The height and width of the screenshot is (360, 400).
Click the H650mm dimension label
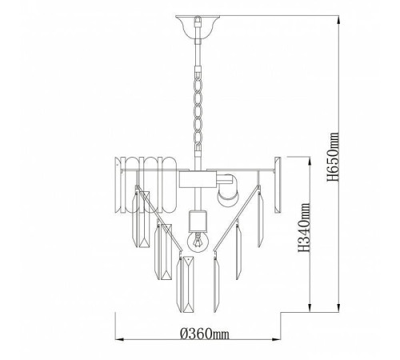tap(334, 157)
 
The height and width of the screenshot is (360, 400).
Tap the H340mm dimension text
tap(304, 227)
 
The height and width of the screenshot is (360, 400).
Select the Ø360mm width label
tap(205, 333)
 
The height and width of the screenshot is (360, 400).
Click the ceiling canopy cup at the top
tap(198, 27)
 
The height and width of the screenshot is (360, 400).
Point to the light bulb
tap(198, 241)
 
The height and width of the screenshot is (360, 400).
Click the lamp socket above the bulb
tap(198, 221)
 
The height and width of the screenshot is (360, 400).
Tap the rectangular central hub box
tap(198, 179)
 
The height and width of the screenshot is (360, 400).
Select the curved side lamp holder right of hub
tap(227, 190)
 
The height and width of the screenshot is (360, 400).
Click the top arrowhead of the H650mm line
tap(339, 21)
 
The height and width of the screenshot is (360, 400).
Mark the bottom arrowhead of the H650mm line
tap(339, 306)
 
